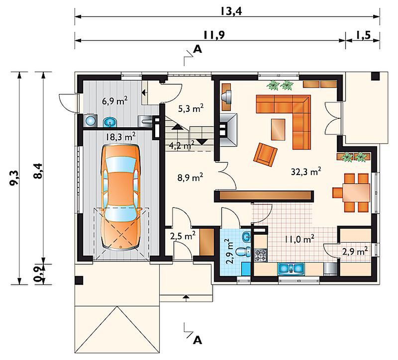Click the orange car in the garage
point(120,197)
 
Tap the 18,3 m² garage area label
point(120,137)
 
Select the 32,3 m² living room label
point(306,172)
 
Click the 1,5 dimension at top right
point(364,35)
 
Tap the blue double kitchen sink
point(291,269)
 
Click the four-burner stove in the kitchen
point(261,255)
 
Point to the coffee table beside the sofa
point(278,129)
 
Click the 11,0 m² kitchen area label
point(299,239)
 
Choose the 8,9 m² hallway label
point(191,178)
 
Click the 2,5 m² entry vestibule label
point(183,237)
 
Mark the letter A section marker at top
point(198,49)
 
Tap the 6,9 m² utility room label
point(115,101)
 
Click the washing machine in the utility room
point(90,120)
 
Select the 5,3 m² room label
point(191,108)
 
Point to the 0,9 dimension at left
point(38,274)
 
